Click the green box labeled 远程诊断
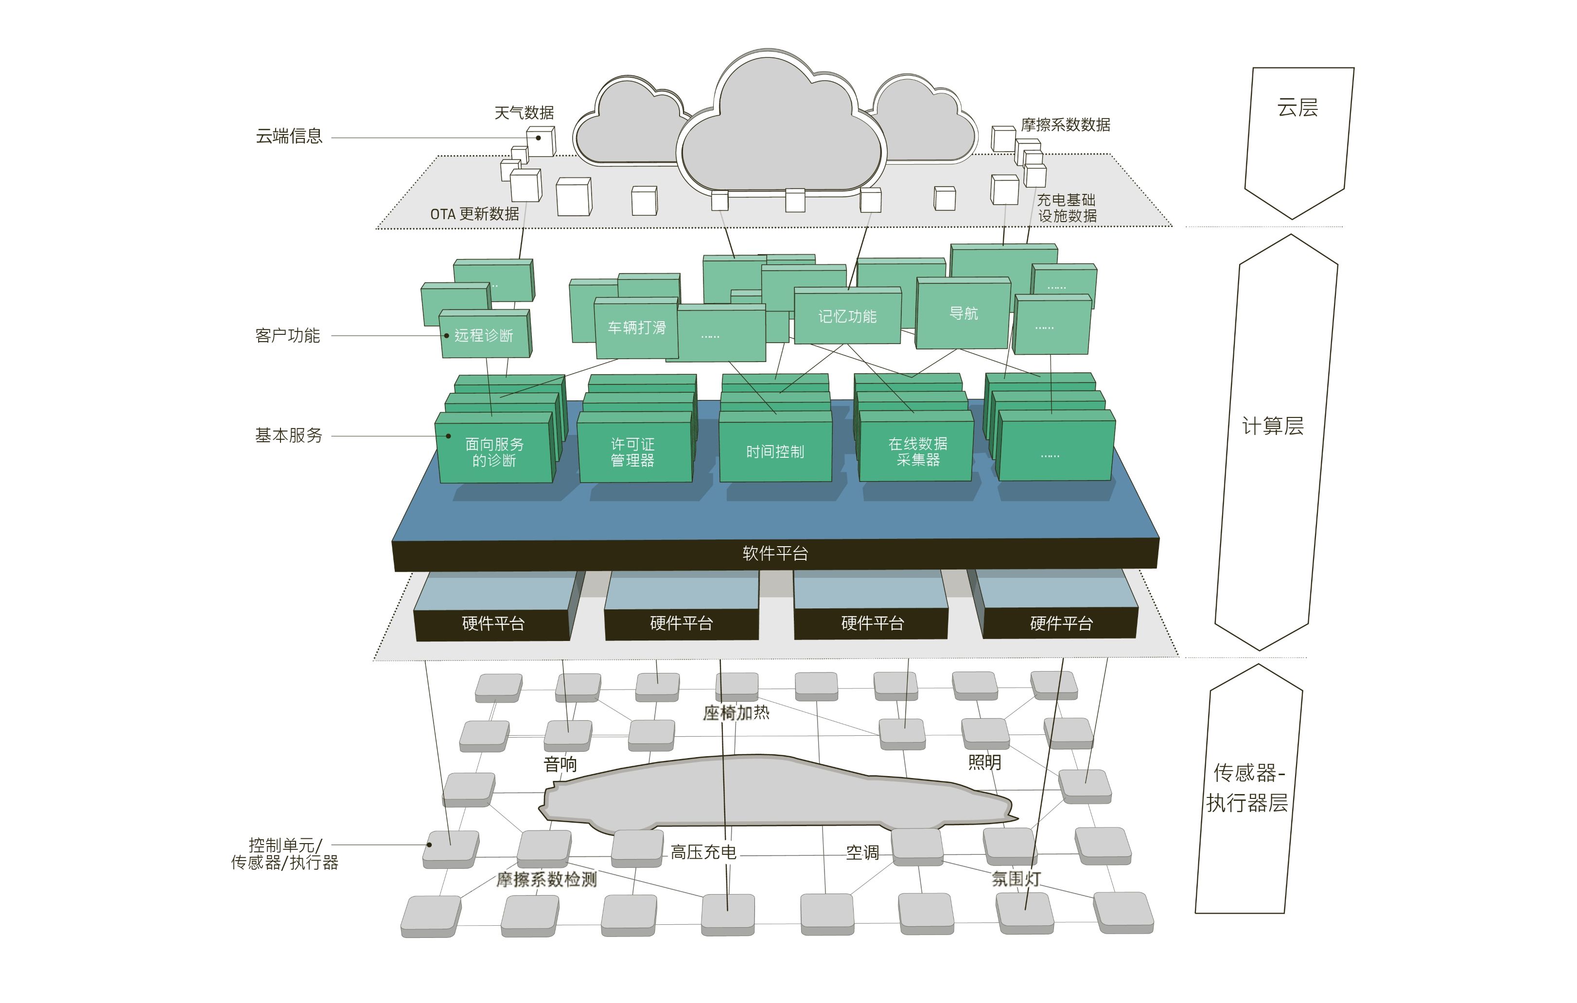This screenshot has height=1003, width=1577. point(484,335)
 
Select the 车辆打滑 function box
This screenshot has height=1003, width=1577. point(636,328)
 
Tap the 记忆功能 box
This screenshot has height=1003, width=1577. point(847,316)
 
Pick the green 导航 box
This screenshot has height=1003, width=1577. point(964,313)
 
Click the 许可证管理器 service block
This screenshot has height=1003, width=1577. point(632,452)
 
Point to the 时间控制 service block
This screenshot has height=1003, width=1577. point(775,452)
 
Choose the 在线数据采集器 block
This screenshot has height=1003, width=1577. point(917,452)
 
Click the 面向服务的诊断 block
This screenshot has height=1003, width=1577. point(494,452)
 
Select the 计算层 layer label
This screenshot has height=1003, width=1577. point(1273,426)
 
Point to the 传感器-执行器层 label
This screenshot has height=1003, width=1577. point(1247,788)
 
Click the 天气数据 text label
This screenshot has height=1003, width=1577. point(524,113)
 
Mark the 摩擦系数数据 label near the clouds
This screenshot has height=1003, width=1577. point(1066,125)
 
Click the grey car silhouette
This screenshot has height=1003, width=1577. point(773,792)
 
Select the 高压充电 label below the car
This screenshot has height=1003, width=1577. point(703,852)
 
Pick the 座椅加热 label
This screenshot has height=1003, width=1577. point(736,713)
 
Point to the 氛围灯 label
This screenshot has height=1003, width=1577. point(1016,879)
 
